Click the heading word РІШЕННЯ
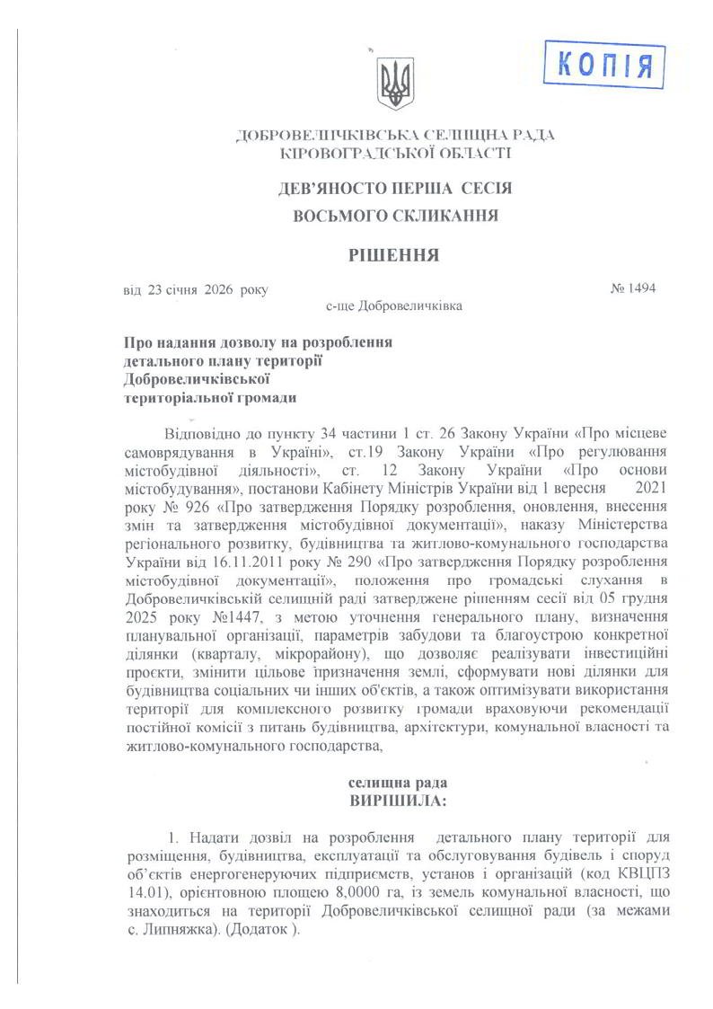394,255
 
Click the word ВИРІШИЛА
395,799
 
